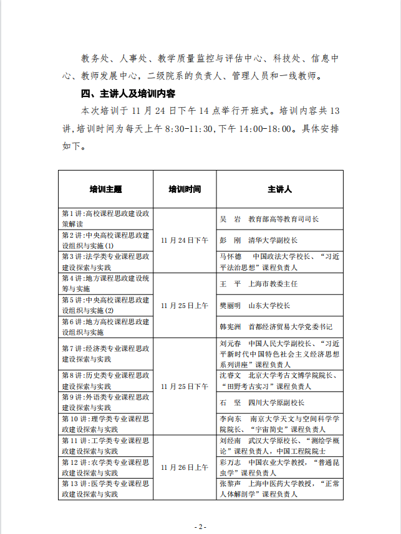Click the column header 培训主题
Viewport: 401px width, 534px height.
(105, 189)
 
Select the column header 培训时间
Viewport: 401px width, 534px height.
(185, 189)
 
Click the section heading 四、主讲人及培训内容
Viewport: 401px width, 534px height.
(128, 95)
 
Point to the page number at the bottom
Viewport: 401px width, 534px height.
(200, 526)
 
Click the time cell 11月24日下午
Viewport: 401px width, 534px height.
(185, 240)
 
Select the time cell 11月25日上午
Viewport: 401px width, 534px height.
(185, 306)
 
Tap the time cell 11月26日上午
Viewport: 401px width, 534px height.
(185, 466)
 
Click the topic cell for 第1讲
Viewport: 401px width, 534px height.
(105, 218)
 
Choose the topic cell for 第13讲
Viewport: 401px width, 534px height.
(105, 488)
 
